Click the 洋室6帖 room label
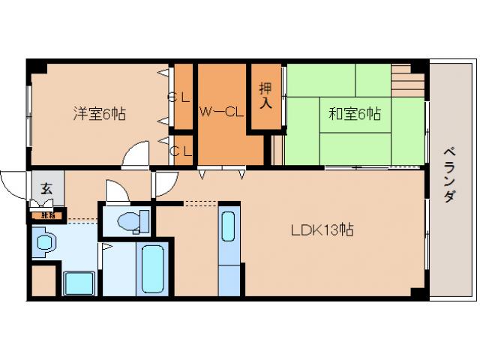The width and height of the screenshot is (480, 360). pos(99,114)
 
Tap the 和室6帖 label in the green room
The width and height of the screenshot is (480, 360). pos(354,114)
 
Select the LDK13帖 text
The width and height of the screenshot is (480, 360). pos(322,231)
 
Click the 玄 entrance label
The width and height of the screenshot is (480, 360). pos(46,189)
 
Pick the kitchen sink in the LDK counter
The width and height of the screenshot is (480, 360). pos(228,226)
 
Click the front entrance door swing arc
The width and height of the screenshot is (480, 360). pos(14,184)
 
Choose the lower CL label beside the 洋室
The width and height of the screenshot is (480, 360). pos(181,150)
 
